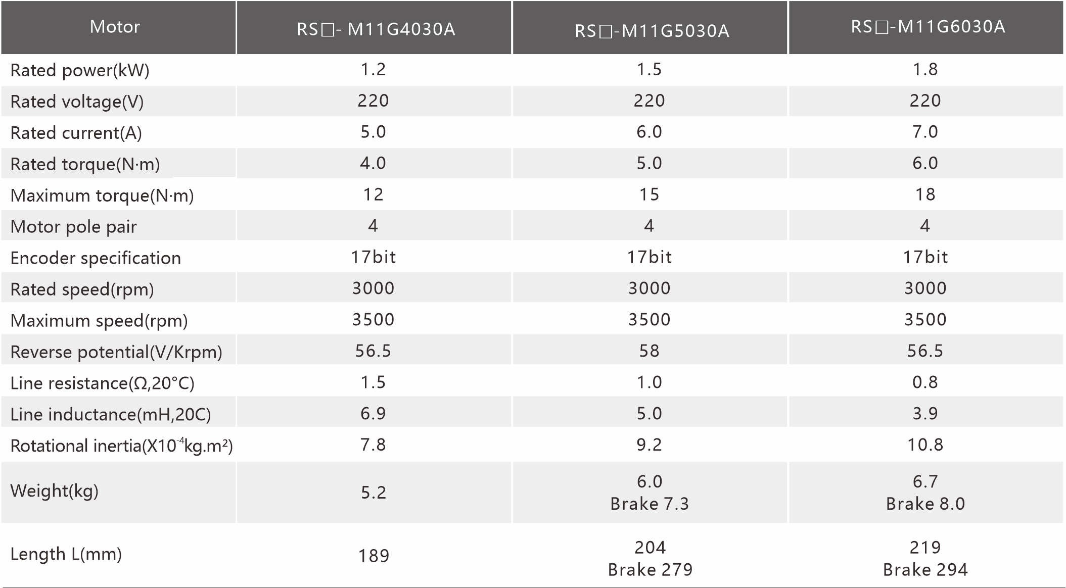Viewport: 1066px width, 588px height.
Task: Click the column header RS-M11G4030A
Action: [x=376, y=29]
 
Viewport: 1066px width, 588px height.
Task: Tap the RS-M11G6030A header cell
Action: [x=928, y=27]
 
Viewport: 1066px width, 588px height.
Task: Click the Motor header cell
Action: [x=115, y=27]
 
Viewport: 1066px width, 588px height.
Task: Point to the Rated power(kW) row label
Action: [x=80, y=70]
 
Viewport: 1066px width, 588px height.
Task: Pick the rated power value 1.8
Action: [x=925, y=69]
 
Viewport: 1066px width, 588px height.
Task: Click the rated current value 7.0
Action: [x=925, y=132]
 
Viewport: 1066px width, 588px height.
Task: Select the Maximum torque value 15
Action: [x=649, y=194]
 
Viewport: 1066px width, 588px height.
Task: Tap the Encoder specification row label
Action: [x=96, y=258]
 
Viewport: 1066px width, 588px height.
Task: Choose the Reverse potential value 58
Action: [x=649, y=351]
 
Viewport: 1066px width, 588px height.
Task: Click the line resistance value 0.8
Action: [x=925, y=382]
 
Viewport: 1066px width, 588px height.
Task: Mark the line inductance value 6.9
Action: [x=373, y=414]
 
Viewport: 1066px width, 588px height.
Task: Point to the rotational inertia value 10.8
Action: [x=925, y=445]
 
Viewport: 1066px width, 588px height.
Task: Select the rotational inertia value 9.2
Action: [x=649, y=445]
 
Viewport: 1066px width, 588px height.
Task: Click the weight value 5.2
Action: [x=374, y=493]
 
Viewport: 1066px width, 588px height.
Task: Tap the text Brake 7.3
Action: [x=650, y=504]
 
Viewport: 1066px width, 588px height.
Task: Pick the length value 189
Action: [x=374, y=556]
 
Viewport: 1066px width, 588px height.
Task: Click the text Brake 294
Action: [x=925, y=570]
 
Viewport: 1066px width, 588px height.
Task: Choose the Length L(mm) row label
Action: [x=66, y=554]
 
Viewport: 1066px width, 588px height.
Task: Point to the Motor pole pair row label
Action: [x=73, y=227]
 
